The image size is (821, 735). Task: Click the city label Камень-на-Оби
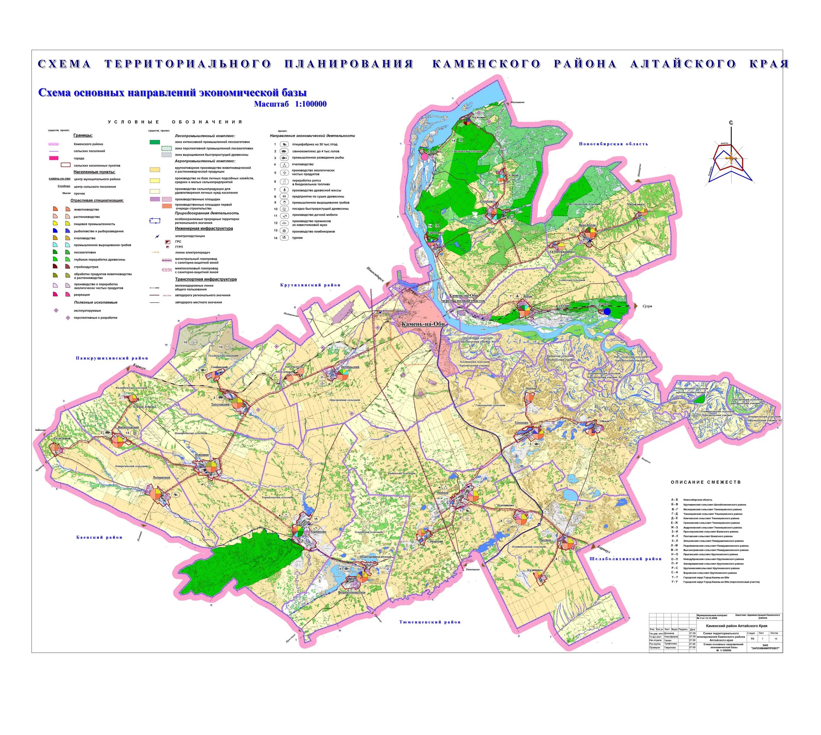point(423,324)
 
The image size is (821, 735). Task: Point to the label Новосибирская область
point(613,144)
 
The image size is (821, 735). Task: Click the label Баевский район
point(99,537)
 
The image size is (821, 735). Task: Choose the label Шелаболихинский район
point(625,559)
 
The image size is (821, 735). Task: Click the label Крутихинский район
point(310,285)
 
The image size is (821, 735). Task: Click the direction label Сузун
point(647,306)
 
